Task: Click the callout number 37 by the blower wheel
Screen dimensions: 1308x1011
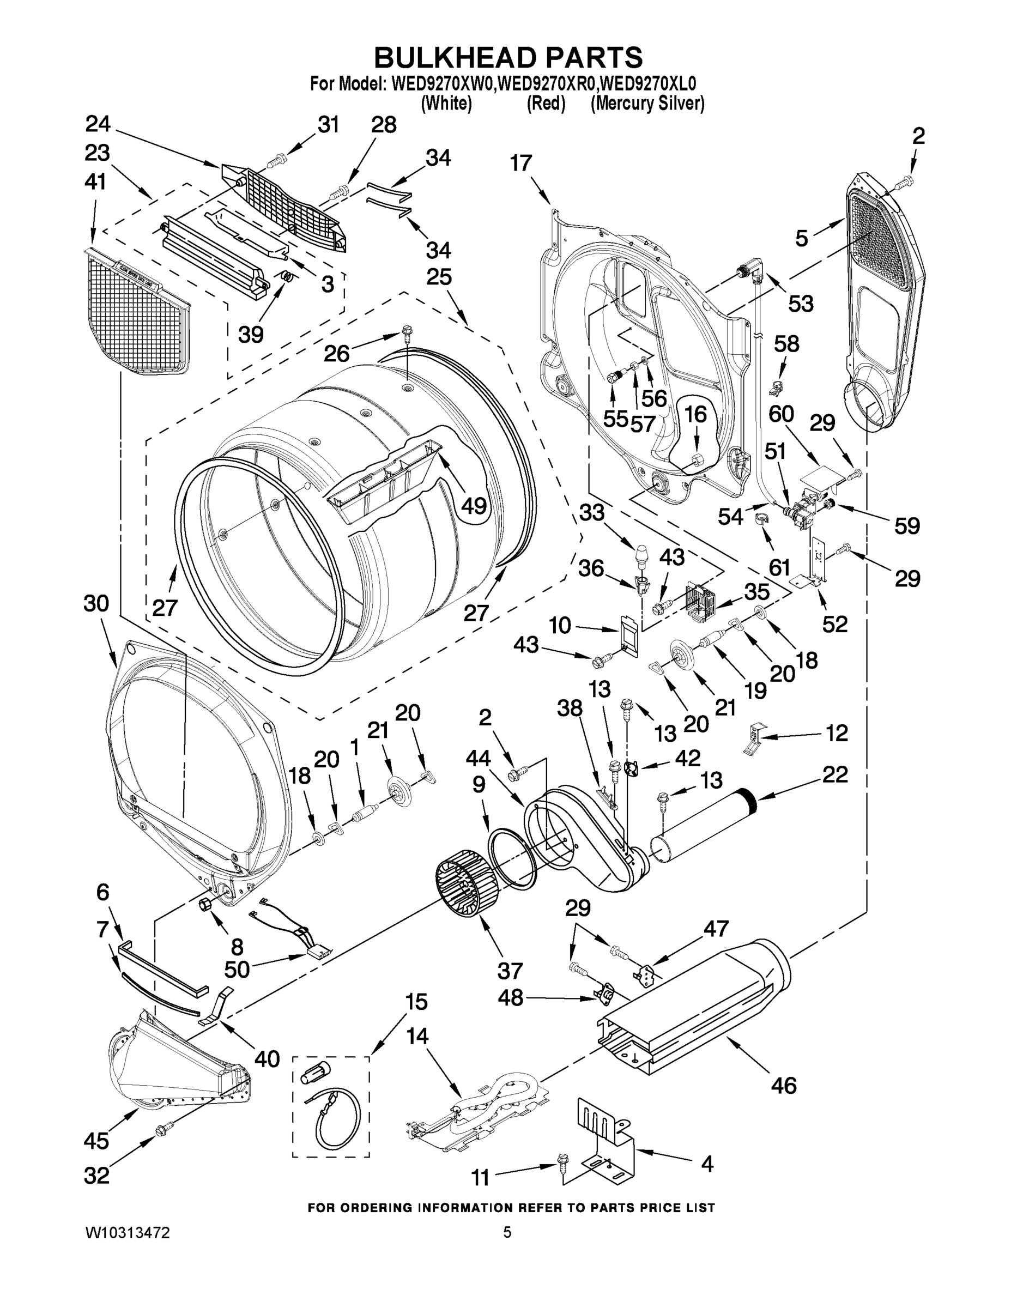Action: pyautogui.click(x=510, y=970)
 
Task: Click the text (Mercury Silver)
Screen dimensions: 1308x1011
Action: pyautogui.click(x=647, y=104)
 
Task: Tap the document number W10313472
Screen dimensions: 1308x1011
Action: pyautogui.click(x=128, y=1232)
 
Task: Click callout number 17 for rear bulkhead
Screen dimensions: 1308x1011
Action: pyautogui.click(x=521, y=163)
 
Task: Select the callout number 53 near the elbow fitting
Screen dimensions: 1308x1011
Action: pyautogui.click(x=800, y=304)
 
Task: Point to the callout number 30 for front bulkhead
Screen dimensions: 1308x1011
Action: pyautogui.click(x=96, y=604)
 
